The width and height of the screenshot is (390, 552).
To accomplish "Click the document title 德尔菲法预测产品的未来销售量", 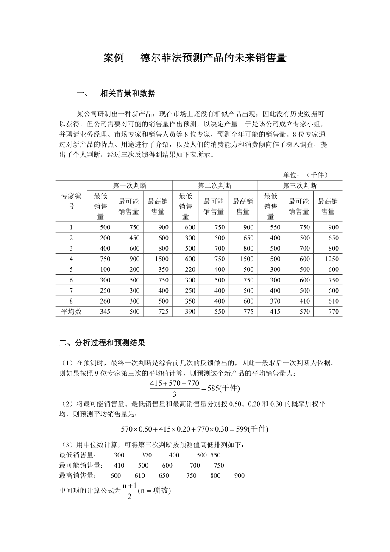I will tap(213, 58).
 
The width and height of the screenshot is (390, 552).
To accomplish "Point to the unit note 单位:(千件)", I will tap(306, 175).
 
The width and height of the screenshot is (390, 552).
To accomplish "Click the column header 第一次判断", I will tap(130, 185).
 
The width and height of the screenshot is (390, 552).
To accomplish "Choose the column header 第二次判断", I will tap(214, 185).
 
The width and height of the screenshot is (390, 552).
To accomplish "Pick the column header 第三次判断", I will tap(300, 185).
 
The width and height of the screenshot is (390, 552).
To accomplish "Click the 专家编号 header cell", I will tap(71, 201).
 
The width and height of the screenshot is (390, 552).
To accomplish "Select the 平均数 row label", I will tap(71, 312).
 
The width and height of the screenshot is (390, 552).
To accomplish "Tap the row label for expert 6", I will tap(71, 280).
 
